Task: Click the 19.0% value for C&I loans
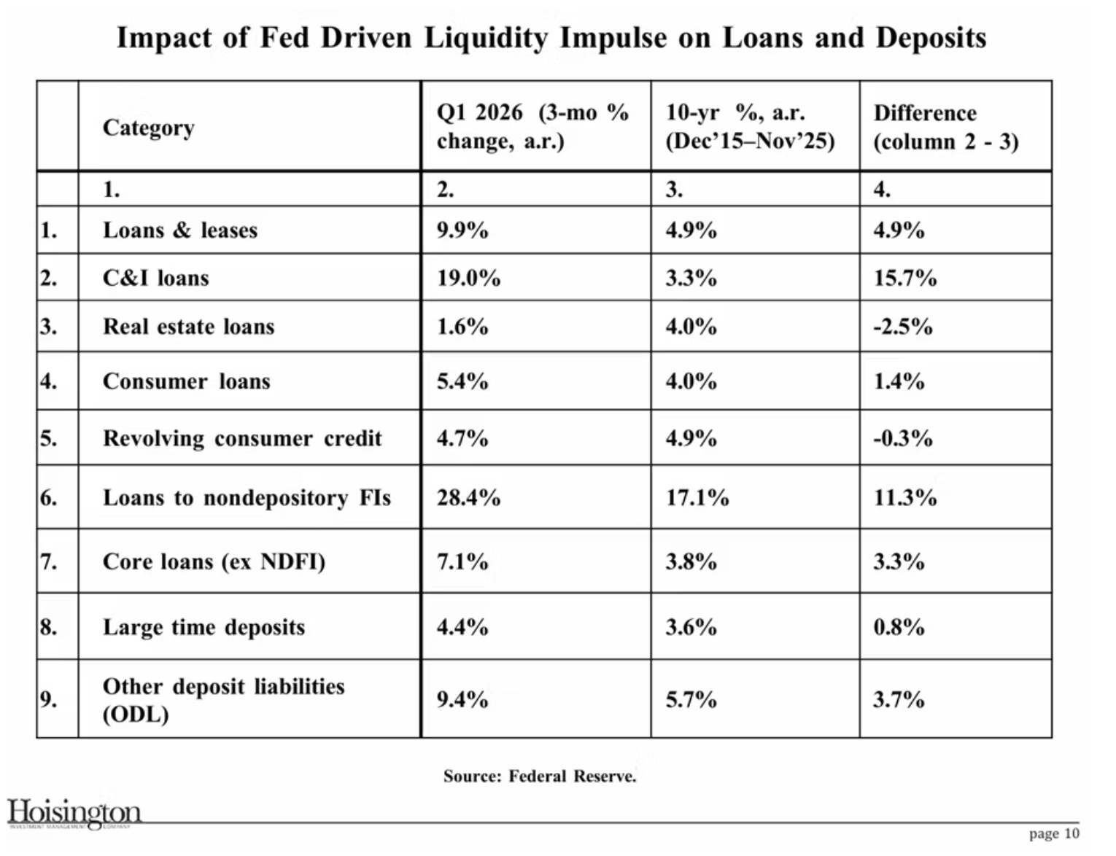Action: (x=468, y=278)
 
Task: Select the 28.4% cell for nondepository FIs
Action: (x=468, y=498)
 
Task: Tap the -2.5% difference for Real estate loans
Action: (x=903, y=327)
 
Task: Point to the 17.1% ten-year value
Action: (x=697, y=498)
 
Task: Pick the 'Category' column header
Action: (x=148, y=128)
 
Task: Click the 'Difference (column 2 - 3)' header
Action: (x=946, y=128)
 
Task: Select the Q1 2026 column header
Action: (x=532, y=127)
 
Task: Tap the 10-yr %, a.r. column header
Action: (x=751, y=127)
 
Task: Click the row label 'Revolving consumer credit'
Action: (x=242, y=439)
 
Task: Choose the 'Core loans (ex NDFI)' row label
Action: (x=214, y=561)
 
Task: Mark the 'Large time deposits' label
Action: (x=204, y=627)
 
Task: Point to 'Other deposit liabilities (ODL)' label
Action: (x=223, y=700)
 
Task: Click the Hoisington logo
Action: (x=74, y=814)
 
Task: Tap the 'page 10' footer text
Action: (x=1054, y=834)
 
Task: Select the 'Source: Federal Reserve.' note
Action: (x=540, y=776)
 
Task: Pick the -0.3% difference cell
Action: (x=903, y=439)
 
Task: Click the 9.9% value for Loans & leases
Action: (x=462, y=230)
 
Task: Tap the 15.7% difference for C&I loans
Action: (x=905, y=278)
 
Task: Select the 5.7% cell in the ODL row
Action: (x=691, y=700)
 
